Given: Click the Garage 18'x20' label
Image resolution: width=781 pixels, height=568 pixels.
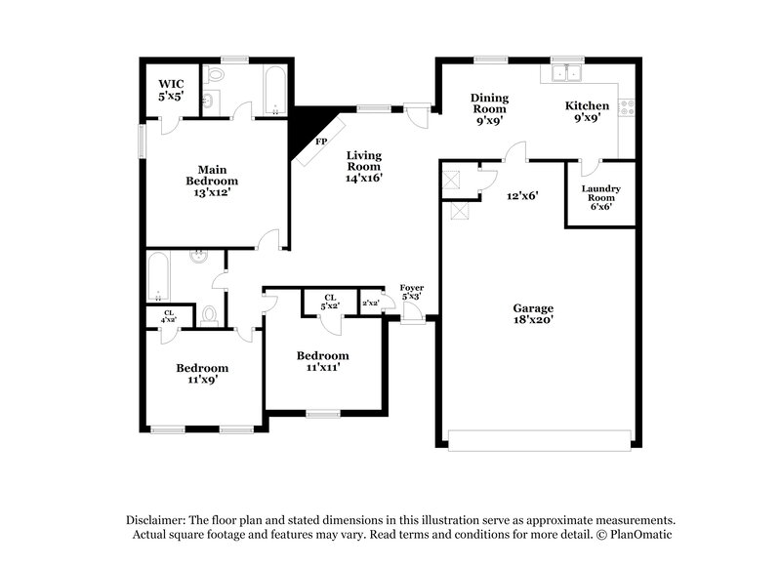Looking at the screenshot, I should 534,313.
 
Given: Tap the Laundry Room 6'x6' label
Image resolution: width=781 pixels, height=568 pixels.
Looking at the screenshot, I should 600,197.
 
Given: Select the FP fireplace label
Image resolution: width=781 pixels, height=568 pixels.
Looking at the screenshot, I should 319,142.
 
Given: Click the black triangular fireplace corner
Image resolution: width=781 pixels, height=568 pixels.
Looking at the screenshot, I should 308,123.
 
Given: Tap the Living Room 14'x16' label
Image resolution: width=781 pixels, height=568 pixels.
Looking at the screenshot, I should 362,167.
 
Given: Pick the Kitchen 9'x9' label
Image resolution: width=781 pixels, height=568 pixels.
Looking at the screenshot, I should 588,111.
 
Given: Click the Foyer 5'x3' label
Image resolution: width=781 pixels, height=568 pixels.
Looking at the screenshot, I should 412,292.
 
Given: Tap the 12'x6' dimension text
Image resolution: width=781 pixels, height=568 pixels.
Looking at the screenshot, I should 522,195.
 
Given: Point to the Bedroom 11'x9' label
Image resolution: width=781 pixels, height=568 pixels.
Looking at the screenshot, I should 202,374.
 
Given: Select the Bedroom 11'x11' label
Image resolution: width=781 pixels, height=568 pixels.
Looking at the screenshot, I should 322,362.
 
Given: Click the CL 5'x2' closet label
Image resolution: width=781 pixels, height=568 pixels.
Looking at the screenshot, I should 329,303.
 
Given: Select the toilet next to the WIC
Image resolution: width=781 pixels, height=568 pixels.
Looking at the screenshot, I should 216,75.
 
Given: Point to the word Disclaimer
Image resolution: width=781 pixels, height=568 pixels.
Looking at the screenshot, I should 156,520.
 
